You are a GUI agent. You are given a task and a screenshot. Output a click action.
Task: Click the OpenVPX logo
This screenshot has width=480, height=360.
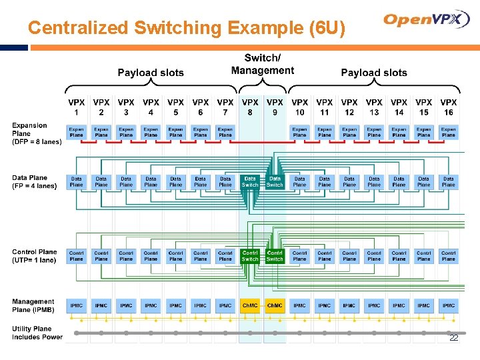(x=427, y=19)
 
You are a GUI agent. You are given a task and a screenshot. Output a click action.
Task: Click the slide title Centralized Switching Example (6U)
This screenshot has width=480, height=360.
(x=187, y=28)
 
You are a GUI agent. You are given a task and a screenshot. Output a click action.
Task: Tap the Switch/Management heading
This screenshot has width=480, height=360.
(x=262, y=65)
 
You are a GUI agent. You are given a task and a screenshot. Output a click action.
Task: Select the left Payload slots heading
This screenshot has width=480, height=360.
(x=151, y=73)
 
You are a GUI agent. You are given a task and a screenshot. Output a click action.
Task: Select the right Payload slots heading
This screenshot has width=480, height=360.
(x=373, y=73)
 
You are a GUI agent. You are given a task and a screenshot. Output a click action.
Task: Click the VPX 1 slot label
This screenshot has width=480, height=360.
(x=77, y=107)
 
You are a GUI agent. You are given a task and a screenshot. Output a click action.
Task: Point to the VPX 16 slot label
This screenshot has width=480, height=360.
(x=449, y=107)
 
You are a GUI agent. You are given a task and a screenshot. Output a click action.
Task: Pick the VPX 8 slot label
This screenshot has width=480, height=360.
(x=250, y=107)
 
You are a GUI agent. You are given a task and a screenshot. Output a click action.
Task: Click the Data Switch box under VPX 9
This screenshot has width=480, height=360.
(x=275, y=182)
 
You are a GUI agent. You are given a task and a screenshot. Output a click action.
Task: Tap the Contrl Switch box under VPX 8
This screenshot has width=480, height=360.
(x=250, y=256)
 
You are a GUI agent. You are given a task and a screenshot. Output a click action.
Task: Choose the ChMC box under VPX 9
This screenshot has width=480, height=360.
(x=275, y=306)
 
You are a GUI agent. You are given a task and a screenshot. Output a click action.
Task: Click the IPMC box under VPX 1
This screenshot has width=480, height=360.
(x=77, y=306)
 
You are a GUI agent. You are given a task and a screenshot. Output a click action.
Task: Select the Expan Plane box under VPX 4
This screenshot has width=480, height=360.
(x=151, y=132)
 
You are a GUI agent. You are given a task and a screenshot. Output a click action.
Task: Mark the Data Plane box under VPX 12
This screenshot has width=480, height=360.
(x=349, y=182)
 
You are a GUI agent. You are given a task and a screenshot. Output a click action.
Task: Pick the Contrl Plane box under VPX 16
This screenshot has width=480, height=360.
(x=449, y=256)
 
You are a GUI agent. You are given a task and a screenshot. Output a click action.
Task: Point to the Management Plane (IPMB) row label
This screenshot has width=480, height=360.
(x=33, y=306)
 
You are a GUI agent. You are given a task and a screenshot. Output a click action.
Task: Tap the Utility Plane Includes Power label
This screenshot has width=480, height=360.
(x=37, y=333)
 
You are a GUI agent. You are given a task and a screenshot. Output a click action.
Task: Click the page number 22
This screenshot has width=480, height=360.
(x=453, y=339)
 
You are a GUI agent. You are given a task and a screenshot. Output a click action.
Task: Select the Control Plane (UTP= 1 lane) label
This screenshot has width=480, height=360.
(x=35, y=256)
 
